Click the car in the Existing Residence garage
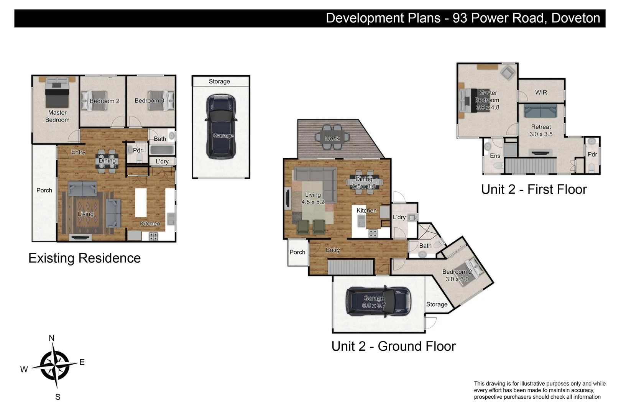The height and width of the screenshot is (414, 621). pyautogui.click(x=221, y=127)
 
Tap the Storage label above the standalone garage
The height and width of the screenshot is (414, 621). pyautogui.click(x=219, y=81)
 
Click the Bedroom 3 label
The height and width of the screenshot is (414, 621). pyautogui.click(x=149, y=100)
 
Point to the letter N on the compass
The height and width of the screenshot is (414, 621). pyautogui.click(x=52, y=338)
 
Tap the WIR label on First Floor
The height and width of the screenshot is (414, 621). pyautogui.click(x=541, y=92)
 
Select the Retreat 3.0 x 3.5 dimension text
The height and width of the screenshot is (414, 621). pyautogui.click(x=541, y=134)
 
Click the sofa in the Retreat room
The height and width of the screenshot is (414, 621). pyautogui.click(x=540, y=111)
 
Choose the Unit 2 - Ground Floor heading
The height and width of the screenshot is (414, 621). pyautogui.click(x=393, y=346)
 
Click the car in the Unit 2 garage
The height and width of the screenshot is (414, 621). pyautogui.click(x=378, y=302)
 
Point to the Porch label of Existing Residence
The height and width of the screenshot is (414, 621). pyautogui.click(x=44, y=190)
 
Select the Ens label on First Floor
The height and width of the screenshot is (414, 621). pyautogui.click(x=495, y=156)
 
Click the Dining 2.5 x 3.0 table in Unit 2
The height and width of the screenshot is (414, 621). pyautogui.click(x=364, y=182)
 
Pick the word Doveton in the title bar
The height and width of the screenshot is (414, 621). pyautogui.click(x=575, y=18)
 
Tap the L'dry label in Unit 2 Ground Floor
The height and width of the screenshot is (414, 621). pyautogui.click(x=399, y=217)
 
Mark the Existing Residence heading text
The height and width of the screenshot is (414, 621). pyautogui.click(x=84, y=258)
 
